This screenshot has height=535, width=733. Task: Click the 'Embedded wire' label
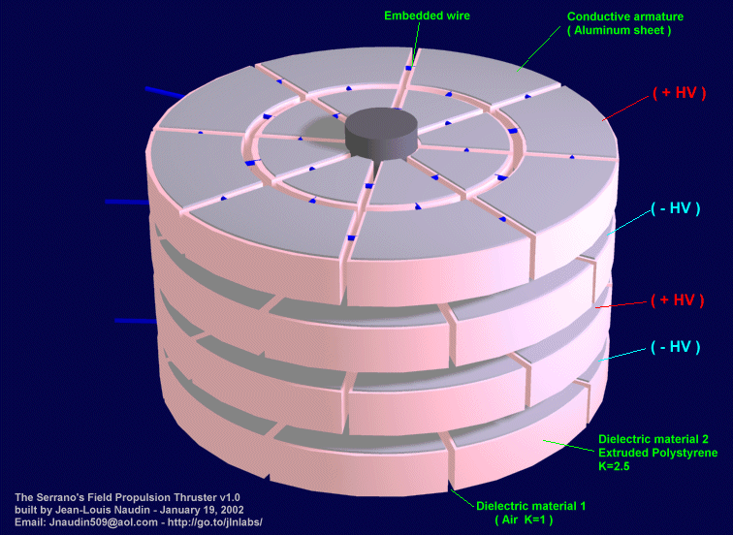pyautogui.click(x=425, y=16)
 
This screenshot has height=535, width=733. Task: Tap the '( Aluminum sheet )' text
pyautogui.click(x=619, y=31)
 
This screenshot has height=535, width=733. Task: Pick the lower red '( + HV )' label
pyautogui.click(x=676, y=299)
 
